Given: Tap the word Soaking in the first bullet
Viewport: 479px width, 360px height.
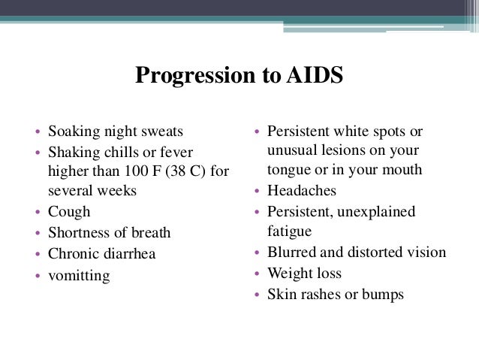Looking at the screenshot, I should pos(72,133).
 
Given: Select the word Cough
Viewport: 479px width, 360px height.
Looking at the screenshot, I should pos(69,211).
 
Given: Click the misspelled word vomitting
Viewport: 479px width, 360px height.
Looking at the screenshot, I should pos(79,276).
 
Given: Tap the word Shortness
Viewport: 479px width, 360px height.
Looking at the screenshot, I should pos(79,233).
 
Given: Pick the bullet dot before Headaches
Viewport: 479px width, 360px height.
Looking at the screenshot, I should pos(257,192).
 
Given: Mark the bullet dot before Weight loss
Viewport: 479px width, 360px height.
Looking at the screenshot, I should pos(257,274).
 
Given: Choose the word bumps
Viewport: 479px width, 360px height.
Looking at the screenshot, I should pos(384,295).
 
